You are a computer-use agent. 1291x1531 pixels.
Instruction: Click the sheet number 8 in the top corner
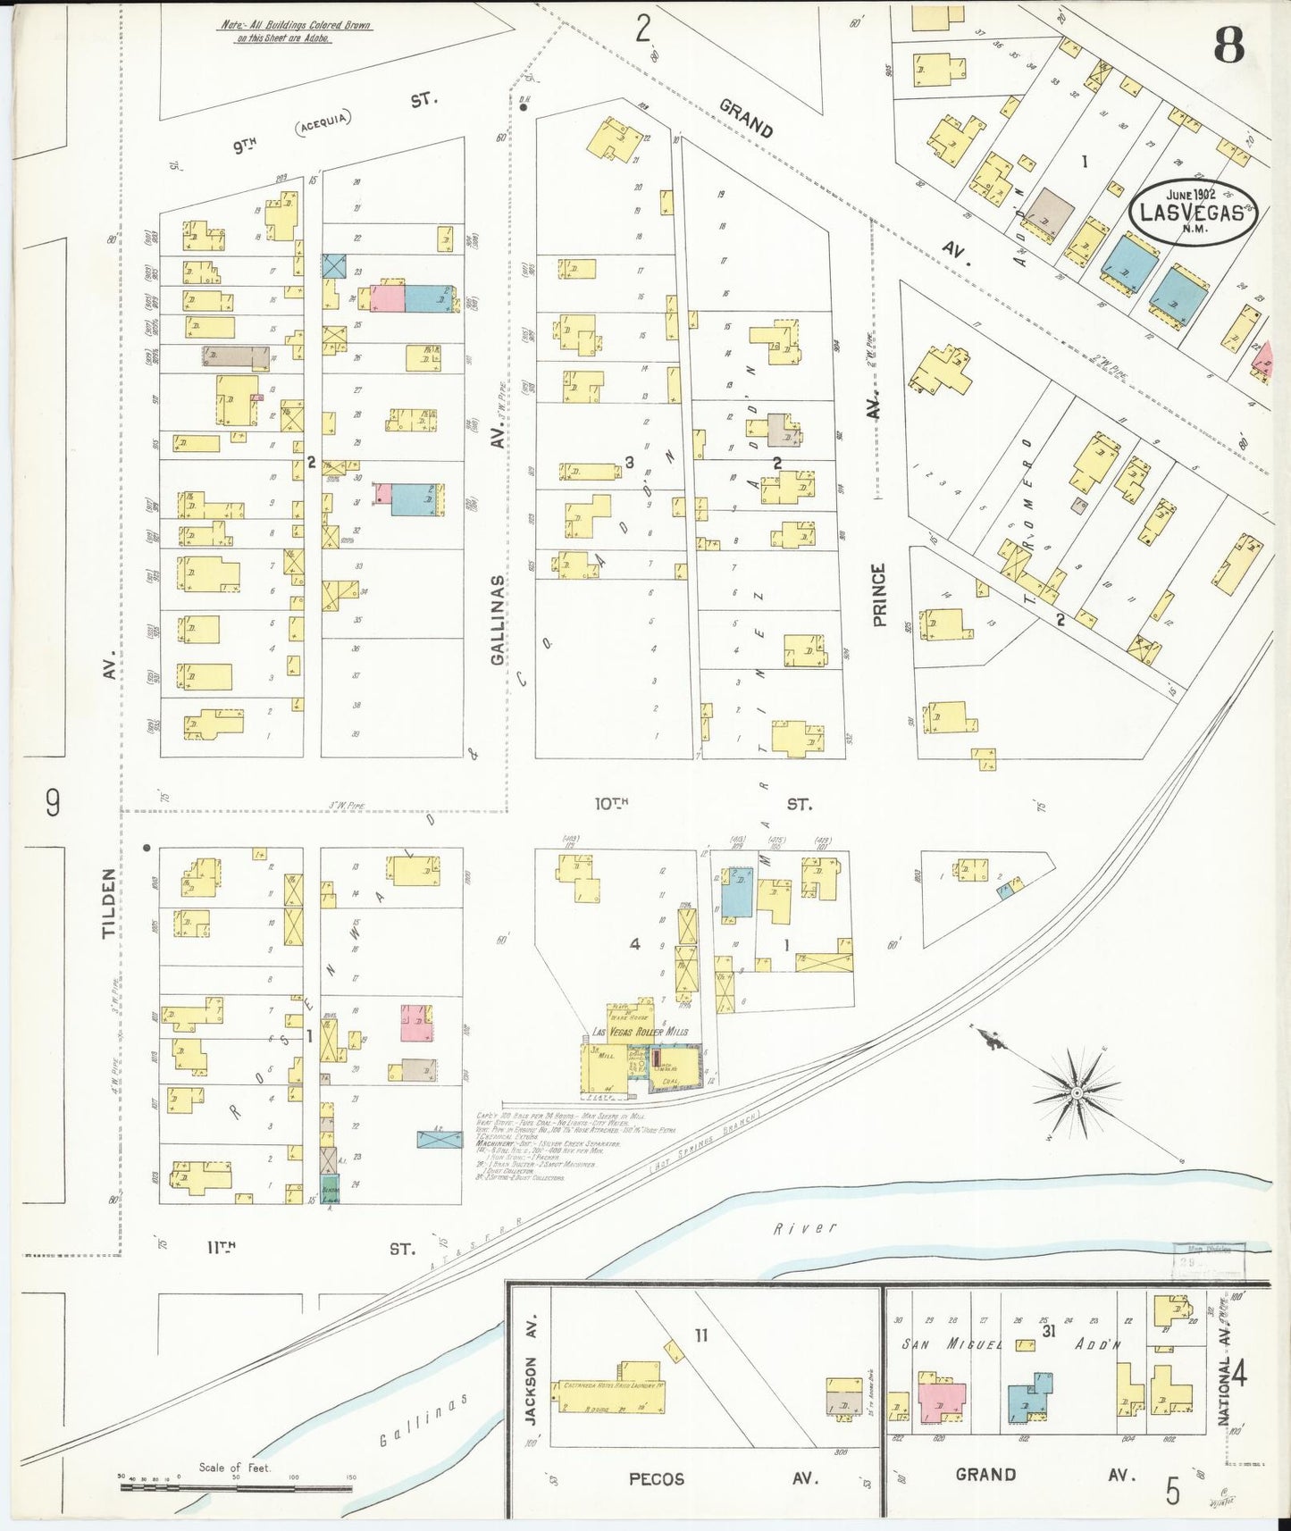[x=1229, y=45]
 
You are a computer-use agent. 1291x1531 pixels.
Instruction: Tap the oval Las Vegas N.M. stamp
[x=1193, y=211]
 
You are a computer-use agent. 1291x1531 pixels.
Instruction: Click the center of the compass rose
[x=1077, y=1092]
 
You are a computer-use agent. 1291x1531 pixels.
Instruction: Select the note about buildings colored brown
[x=296, y=31]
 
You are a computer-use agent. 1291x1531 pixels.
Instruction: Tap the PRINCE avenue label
[x=879, y=594]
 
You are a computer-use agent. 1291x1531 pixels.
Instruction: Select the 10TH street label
[x=612, y=804]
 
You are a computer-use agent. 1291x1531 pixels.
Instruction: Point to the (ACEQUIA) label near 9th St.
[x=323, y=122]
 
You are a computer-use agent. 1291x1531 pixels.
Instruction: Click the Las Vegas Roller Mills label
[x=640, y=1032]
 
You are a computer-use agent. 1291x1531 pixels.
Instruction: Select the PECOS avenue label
[x=657, y=1478]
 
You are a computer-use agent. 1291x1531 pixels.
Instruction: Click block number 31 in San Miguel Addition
[x=1048, y=1331]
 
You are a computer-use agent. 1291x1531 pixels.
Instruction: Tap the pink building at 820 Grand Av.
[x=941, y=1401]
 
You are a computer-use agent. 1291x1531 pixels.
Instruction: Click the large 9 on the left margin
[x=53, y=802]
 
